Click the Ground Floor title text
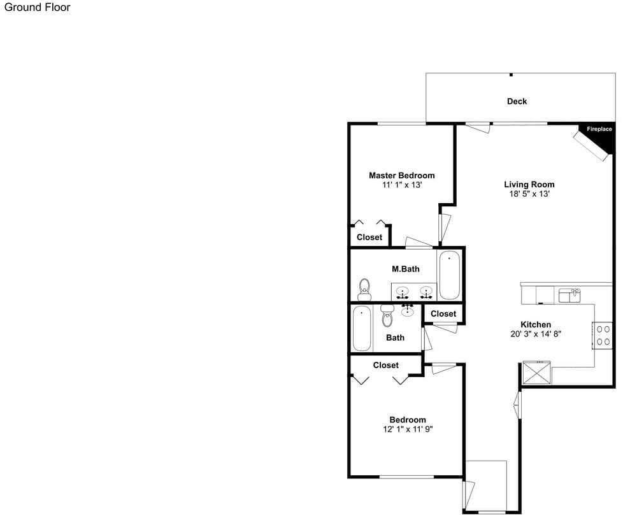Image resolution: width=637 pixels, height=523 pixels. point(37,7)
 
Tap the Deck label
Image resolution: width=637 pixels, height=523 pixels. point(517,101)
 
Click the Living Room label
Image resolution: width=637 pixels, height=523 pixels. point(529,185)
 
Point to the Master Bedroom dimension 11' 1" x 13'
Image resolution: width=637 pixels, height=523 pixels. point(402,185)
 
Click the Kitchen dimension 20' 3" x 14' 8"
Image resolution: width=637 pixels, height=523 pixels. point(536,334)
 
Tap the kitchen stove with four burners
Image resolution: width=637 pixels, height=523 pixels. point(602,335)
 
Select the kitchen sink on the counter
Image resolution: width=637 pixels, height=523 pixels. point(569,296)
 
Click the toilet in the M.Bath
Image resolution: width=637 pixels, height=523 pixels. point(364,289)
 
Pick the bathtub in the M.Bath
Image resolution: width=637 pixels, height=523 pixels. point(449,275)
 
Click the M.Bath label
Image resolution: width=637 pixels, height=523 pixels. point(405,269)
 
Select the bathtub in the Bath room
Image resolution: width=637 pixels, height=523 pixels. point(362,328)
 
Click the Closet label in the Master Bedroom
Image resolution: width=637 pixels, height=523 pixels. point(369,238)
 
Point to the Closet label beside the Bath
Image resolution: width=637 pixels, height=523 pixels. point(443,313)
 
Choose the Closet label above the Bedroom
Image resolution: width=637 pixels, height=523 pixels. point(386,365)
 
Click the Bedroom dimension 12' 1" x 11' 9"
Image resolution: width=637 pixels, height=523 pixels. point(408,429)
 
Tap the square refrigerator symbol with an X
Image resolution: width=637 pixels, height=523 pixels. point(536,373)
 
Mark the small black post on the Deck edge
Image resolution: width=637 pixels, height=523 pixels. point(511,75)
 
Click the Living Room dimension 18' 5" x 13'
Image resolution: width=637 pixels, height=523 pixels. point(529,194)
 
